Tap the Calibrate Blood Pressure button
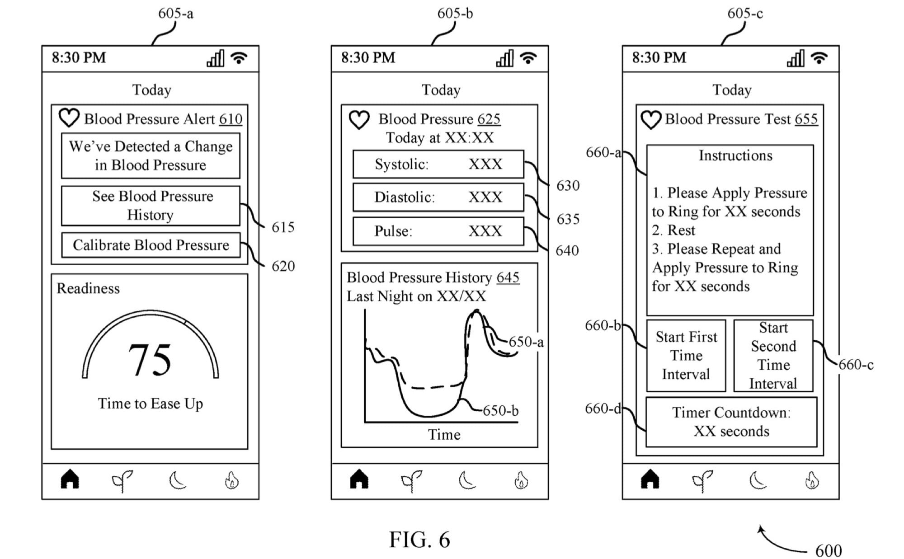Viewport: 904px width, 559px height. click(151, 245)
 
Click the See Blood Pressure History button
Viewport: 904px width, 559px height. click(151, 206)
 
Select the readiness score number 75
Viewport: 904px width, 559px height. click(150, 360)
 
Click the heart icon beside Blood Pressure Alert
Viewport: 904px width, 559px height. click(69, 118)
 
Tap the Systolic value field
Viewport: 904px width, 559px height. click(438, 164)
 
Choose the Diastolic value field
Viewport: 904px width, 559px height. click(438, 197)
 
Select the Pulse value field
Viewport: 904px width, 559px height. click(438, 231)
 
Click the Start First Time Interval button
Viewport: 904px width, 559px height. click(686, 356)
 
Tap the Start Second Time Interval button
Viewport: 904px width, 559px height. click(773, 356)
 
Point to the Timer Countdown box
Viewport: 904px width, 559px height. click(731, 422)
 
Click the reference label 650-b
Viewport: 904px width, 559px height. click(500, 411)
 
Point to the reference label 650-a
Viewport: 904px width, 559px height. click(526, 342)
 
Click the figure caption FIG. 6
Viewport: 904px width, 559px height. click(419, 540)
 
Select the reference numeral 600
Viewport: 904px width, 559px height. click(828, 551)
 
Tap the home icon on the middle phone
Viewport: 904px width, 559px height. click(359, 479)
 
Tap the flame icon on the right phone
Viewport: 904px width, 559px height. click(812, 480)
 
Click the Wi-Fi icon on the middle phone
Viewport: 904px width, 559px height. click(528, 58)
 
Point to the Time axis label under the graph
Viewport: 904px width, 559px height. click(444, 435)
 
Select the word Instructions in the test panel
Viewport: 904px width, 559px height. click(735, 155)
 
